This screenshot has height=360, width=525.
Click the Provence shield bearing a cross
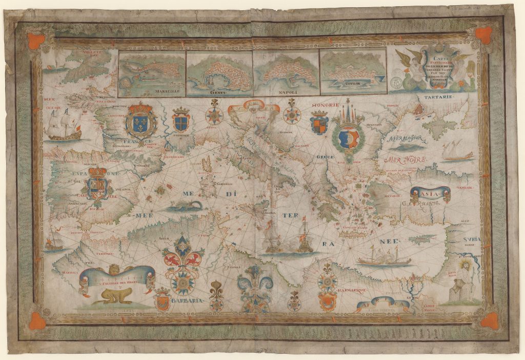181,121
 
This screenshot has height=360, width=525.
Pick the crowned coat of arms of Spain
96,185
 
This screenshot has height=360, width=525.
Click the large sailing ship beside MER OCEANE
64,125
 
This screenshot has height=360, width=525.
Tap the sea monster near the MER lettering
184,207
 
